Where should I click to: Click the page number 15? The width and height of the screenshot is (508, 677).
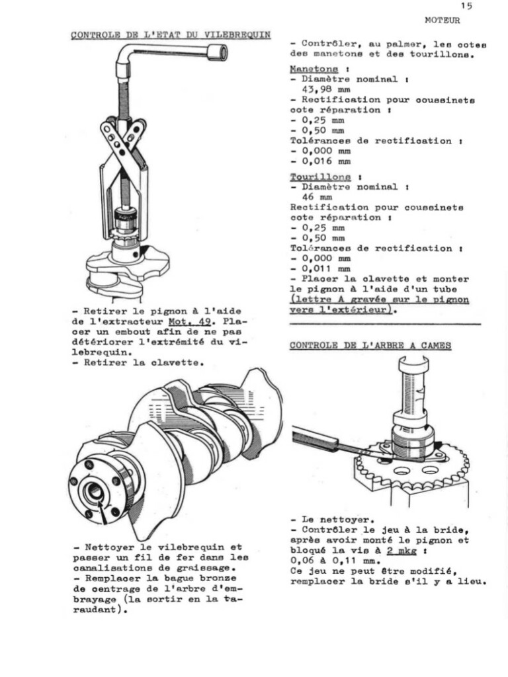(467, 6)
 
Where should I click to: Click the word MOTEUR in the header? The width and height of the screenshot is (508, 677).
(443, 20)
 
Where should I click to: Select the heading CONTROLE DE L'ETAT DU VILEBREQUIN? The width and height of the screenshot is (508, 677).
(171, 35)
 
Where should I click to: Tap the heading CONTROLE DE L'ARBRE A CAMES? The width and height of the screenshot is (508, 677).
(371, 345)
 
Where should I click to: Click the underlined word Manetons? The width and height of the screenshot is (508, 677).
(314, 69)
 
